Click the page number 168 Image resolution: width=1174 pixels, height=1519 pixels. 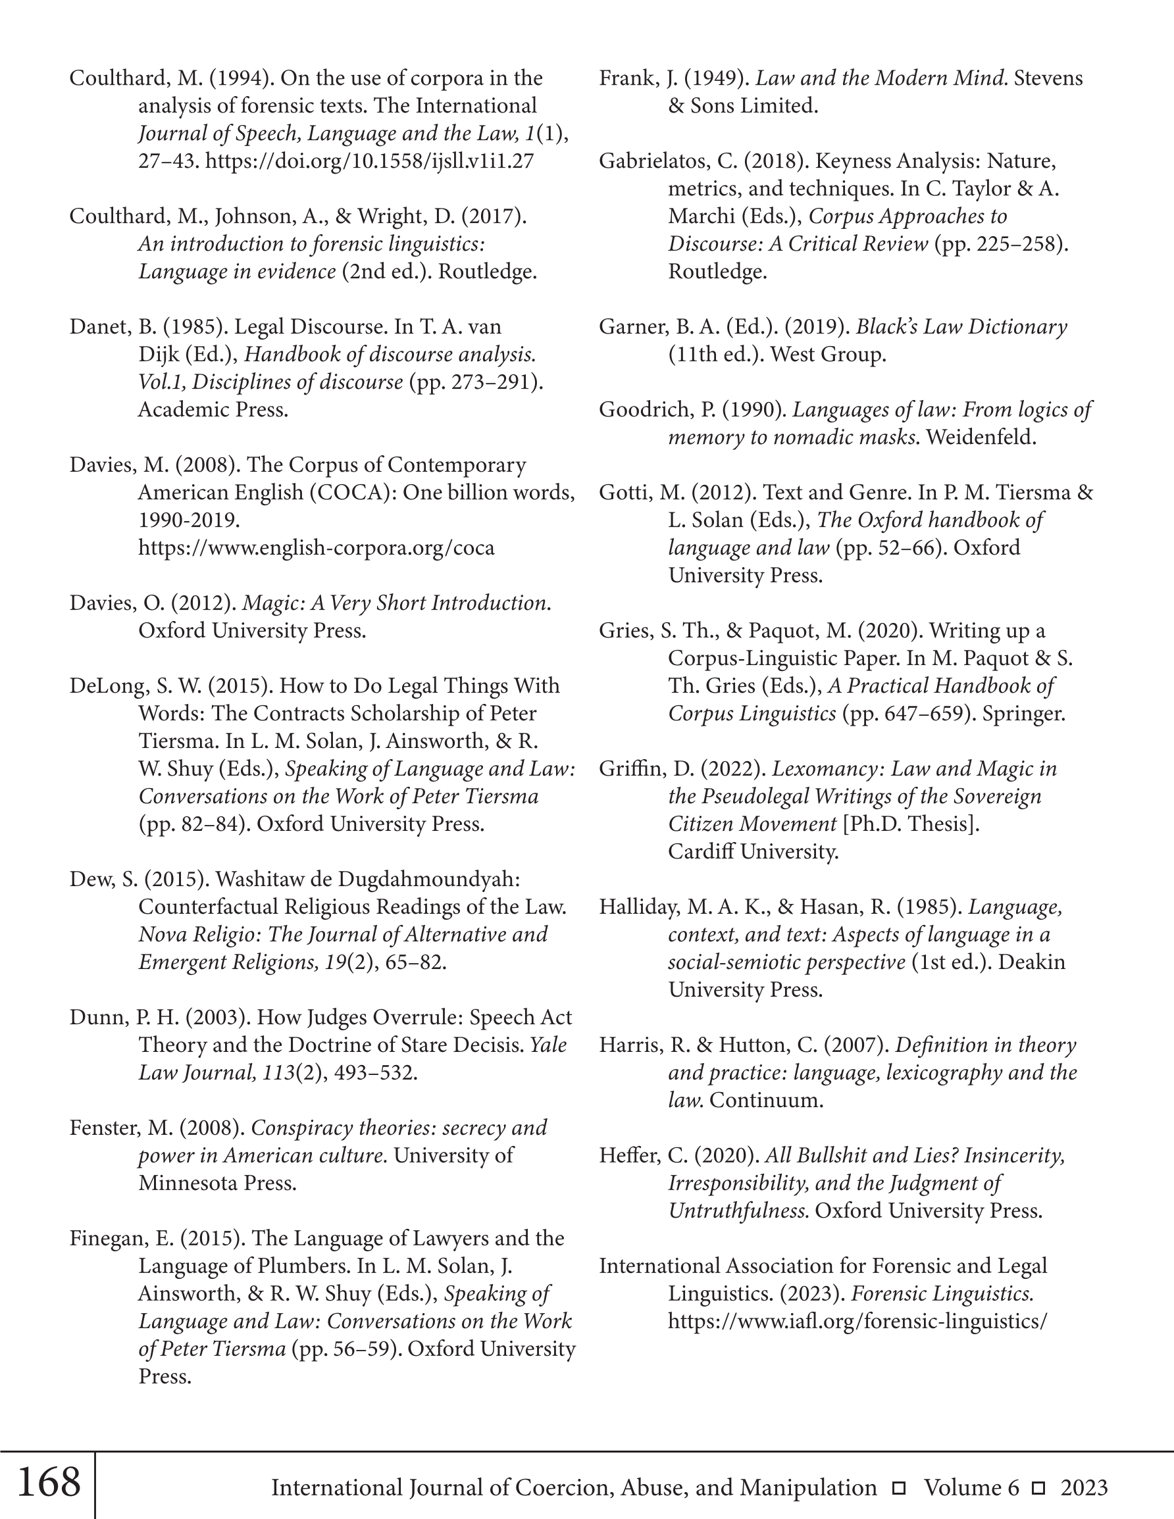48,1482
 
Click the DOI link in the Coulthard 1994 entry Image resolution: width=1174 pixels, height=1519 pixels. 370,161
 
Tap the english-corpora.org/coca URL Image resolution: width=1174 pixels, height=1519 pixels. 316,548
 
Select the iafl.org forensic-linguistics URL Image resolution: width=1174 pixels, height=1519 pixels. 857,1321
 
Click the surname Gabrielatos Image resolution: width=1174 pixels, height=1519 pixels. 657,161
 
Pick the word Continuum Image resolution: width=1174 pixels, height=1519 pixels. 765,1099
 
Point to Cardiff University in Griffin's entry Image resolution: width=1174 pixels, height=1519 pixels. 753,851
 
